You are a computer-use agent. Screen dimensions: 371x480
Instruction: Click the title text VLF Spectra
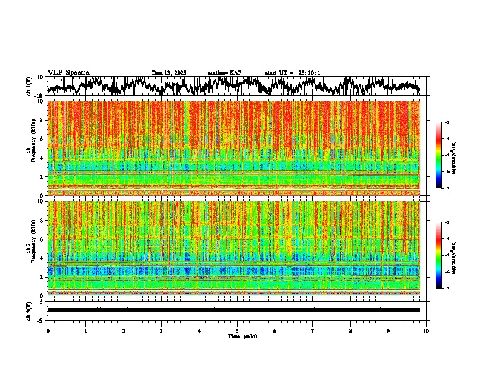[x=68, y=72]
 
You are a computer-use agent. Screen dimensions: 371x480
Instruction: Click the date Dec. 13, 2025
[x=169, y=73]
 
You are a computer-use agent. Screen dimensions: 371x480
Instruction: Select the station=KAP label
[x=224, y=73]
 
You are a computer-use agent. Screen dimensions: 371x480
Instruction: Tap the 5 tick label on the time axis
[x=237, y=330]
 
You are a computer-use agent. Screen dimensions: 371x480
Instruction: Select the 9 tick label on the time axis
[x=388, y=330]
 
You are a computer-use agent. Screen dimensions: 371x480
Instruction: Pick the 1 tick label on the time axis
[x=85, y=330]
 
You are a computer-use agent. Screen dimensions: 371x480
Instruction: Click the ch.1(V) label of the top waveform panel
[x=29, y=86]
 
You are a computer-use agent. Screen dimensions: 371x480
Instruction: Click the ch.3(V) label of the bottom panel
[x=29, y=310]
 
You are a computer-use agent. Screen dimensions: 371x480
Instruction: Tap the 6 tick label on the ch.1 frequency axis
[x=41, y=139]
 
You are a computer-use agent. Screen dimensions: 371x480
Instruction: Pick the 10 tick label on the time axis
[x=426, y=330]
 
